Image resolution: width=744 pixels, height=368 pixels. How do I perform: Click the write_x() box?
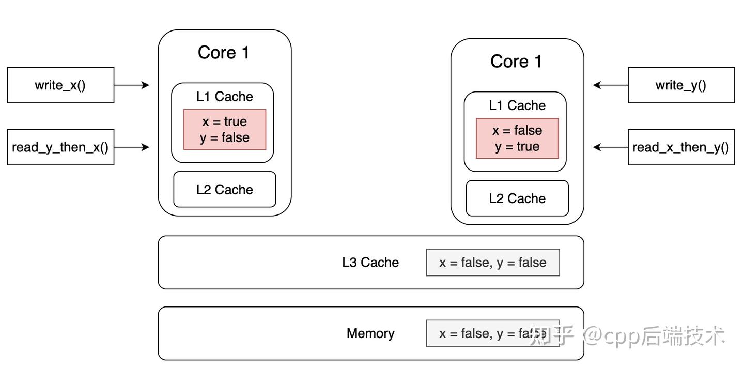(60, 85)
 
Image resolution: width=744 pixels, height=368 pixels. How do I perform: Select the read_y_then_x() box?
(60, 147)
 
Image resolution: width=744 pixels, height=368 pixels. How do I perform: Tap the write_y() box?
(681, 85)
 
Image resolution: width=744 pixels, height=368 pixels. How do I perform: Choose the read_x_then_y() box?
(681, 147)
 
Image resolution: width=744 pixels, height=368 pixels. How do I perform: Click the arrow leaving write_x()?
(132, 85)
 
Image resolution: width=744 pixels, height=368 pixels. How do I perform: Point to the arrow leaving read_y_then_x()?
(132, 147)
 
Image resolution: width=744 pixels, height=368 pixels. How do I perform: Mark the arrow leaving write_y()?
(610, 85)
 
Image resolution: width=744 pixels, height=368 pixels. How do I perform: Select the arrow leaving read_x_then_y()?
(610, 147)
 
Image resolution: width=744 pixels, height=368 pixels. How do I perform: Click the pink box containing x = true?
(225, 130)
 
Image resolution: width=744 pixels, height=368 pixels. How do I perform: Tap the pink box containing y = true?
(517, 139)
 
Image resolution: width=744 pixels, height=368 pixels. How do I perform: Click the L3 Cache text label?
(370, 263)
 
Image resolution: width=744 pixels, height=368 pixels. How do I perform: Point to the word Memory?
(370, 333)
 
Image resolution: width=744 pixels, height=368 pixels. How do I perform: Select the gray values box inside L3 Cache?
(493, 263)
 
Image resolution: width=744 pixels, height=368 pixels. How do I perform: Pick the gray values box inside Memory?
(493, 333)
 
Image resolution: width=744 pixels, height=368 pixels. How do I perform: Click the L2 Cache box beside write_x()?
(225, 190)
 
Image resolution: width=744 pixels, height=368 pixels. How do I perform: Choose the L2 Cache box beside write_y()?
(517, 198)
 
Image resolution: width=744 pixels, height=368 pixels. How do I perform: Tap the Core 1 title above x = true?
(224, 53)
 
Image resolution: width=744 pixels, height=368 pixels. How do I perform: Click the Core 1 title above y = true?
(516, 62)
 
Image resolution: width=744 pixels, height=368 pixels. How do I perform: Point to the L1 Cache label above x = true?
(225, 97)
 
